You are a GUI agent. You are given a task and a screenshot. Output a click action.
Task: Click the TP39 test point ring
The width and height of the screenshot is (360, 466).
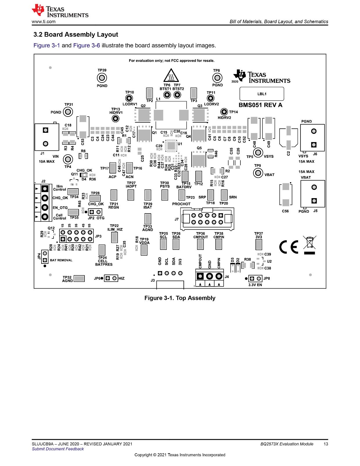click(x=102, y=78)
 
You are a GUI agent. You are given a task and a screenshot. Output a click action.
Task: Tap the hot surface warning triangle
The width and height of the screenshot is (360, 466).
click(x=171, y=76)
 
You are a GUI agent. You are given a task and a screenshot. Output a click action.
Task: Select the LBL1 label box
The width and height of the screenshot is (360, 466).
click(x=262, y=94)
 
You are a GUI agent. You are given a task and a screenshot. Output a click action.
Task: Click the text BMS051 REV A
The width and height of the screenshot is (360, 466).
click(x=260, y=105)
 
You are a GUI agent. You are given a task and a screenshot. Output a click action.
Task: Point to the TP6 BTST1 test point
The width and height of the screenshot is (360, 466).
click(x=167, y=95)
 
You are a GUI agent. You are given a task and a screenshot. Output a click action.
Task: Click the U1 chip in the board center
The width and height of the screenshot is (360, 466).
click(x=171, y=146)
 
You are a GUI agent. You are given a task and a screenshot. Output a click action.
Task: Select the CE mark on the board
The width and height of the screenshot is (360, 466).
click(x=289, y=247)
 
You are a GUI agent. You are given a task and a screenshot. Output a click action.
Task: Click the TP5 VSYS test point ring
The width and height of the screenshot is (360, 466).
click(x=258, y=153)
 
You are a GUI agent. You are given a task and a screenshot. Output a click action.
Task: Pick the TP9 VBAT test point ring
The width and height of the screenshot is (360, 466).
click(x=258, y=173)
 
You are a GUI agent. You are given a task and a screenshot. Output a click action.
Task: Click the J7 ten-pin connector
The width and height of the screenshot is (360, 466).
click(x=207, y=219)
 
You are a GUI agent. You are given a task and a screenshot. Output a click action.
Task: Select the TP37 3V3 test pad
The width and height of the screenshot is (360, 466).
click(x=259, y=244)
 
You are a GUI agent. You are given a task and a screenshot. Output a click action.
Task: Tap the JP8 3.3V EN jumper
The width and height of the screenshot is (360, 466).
click(x=255, y=279)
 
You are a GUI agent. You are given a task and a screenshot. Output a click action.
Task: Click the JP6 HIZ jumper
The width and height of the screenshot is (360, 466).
click(x=111, y=278)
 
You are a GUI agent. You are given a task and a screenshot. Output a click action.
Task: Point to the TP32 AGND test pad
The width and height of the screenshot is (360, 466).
click(x=79, y=279)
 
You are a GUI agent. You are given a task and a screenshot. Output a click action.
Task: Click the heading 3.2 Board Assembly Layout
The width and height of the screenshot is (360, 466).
click(x=76, y=35)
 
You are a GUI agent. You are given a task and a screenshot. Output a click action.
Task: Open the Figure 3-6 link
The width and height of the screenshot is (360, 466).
click(x=87, y=45)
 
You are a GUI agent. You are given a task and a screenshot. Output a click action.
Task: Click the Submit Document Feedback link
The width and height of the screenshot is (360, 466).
click(x=58, y=449)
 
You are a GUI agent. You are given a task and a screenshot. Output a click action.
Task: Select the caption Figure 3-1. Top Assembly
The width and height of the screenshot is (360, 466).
click(x=180, y=298)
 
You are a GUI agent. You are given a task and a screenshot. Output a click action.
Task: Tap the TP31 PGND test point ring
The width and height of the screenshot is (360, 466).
click(x=68, y=112)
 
